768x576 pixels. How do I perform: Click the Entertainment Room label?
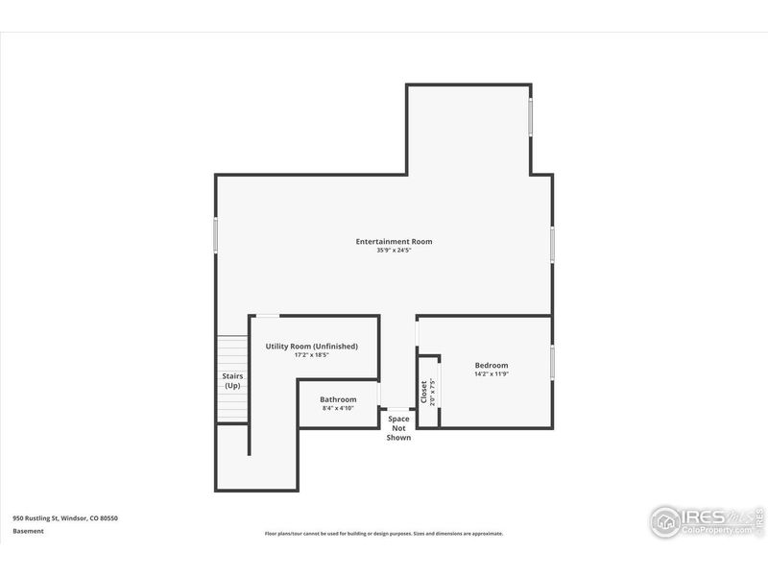[394, 241]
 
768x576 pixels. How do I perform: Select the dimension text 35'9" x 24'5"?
[394, 251]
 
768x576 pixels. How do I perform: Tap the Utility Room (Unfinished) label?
[312, 346]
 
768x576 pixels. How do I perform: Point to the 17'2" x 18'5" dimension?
[312, 355]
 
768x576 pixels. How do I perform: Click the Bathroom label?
[338, 399]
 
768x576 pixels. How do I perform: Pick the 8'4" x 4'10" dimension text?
[338, 409]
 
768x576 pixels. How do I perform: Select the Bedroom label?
[492, 365]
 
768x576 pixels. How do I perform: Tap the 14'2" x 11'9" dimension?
[492, 374]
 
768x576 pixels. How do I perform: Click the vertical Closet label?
[423, 391]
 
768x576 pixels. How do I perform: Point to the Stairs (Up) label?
[232, 380]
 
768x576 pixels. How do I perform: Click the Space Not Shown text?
[398, 428]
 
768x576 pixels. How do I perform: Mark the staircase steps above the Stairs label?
[232, 351]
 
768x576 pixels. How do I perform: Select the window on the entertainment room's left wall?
[216, 236]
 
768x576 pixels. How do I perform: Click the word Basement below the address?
[29, 530]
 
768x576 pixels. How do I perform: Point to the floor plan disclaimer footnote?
[384, 534]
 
